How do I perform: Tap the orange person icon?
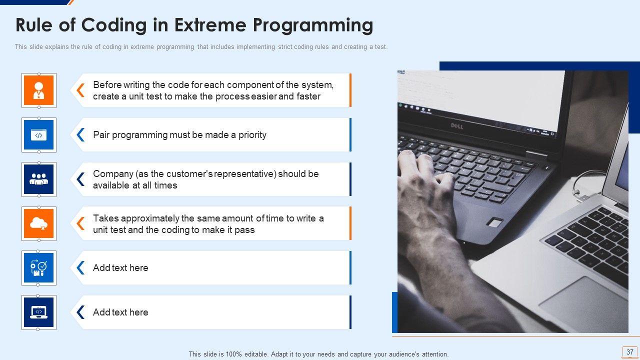click(x=39, y=90)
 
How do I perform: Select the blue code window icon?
click(x=39, y=135)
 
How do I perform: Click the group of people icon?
click(x=39, y=179)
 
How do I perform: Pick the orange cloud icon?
click(x=39, y=223)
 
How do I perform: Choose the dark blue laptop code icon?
click(x=39, y=312)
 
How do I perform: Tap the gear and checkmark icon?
click(x=39, y=267)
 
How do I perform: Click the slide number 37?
click(x=629, y=351)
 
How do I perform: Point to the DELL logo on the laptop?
click(x=457, y=125)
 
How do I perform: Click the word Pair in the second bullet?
click(x=101, y=134)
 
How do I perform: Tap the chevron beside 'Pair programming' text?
click(x=80, y=134)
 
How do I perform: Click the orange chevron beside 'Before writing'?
click(x=80, y=90)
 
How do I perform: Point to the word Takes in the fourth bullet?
click(x=105, y=218)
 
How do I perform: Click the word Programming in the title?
click(x=313, y=25)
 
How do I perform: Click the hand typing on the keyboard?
click(x=425, y=194)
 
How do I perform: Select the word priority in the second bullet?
click(x=252, y=135)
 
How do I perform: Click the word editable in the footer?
click(x=255, y=354)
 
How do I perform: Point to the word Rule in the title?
click(x=33, y=25)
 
